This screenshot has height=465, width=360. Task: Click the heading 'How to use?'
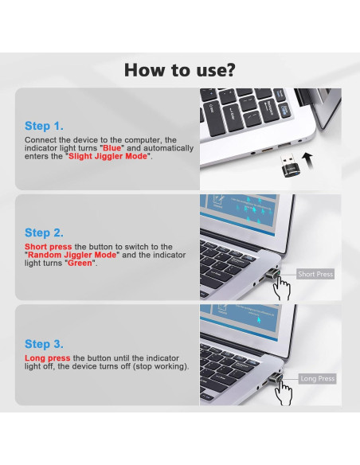click(x=179, y=70)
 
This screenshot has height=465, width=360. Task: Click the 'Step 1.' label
click(x=44, y=126)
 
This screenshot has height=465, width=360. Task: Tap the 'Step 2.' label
click(x=44, y=232)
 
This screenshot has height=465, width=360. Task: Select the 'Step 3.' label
click(x=44, y=344)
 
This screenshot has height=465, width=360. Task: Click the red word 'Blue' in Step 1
click(x=112, y=148)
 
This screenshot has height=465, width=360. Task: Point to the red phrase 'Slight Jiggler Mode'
click(x=108, y=156)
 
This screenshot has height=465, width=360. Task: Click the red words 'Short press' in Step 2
click(x=49, y=247)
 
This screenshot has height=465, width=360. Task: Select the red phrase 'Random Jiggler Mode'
click(x=72, y=255)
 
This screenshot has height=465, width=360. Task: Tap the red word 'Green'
click(x=80, y=263)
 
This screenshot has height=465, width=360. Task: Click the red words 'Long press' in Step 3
click(x=48, y=358)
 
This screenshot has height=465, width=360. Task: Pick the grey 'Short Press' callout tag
click(x=315, y=274)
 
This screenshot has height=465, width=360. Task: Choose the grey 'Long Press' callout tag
click(x=317, y=379)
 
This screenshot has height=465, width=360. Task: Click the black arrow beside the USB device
click(x=307, y=161)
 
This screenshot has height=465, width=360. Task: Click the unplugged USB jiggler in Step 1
click(x=288, y=166)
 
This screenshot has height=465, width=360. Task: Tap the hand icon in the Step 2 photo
click(x=281, y=287)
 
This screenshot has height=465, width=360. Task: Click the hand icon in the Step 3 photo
click(x=284, y=393)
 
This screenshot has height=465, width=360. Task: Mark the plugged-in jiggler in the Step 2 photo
click(x=272, y=274)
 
